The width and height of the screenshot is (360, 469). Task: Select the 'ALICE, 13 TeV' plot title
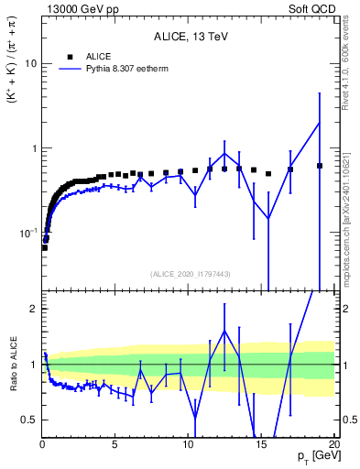(x=189, y=38)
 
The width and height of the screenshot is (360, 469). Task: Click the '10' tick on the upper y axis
(x=30, y=64)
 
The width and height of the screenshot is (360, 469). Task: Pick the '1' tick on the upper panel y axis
(x=34, y=148)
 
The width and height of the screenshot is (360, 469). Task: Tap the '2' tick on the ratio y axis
(x=34, y=309)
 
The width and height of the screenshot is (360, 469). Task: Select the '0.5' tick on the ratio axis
(x=29, y=420)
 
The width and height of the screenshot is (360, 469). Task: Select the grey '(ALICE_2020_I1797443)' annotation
(x=189, y=274)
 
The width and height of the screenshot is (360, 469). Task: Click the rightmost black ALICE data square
(x=320, y=166)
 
